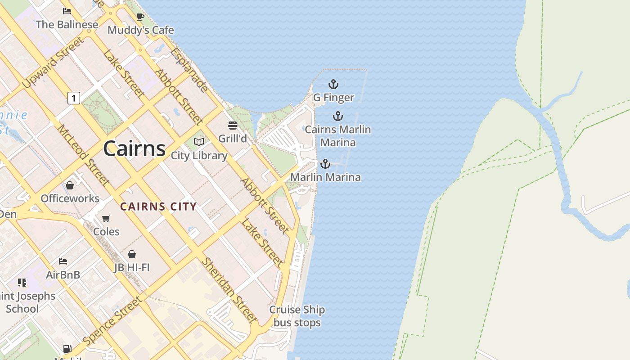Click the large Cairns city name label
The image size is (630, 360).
[x=135, y=148]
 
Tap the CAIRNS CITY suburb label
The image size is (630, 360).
[x=158, y=207]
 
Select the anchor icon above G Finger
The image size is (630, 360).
[x=333, y=84]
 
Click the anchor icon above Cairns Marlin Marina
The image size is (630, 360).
[x=337, y=117]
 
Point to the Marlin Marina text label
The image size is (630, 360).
[x=325, y=177]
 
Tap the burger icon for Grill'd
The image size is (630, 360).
[x=232, y=125]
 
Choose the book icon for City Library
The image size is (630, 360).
[x=199, y=142]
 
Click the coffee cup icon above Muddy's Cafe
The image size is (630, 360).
[x=140, y=17]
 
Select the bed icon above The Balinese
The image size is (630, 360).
[x=67, y=11]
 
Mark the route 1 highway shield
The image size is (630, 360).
[x=74, y=98]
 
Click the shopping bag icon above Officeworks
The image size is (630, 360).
[x=70, y=185]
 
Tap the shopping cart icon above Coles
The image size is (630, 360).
[x=106, y=219]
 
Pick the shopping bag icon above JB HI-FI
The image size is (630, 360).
[x=131, y=255]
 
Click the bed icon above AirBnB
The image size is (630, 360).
[x=63, y=261]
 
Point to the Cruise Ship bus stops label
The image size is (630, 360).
[x=297, y=316]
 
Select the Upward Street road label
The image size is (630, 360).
[x=53, y=63]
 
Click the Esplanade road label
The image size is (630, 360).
[x=189, y=69]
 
